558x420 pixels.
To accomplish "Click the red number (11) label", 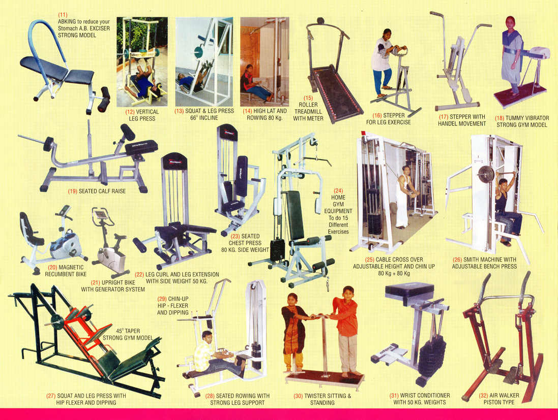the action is [x=63, y=15].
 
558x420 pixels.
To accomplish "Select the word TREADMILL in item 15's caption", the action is [x=308, y=112].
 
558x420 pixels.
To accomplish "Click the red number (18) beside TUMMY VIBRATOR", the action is [x=500, y=118].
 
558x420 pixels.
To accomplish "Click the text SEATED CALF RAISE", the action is [x=102, y=191].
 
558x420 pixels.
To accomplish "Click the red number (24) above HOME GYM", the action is [x=338, y=191].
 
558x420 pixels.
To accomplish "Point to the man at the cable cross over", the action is [x=403, y=196].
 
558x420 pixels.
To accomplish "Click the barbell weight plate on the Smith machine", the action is [x=486, y=174].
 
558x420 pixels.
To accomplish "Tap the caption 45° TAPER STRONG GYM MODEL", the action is [x=128, y=334].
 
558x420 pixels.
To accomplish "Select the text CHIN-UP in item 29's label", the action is [x=179, y=299].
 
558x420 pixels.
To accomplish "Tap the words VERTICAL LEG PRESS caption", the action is [x=142, y=115].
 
